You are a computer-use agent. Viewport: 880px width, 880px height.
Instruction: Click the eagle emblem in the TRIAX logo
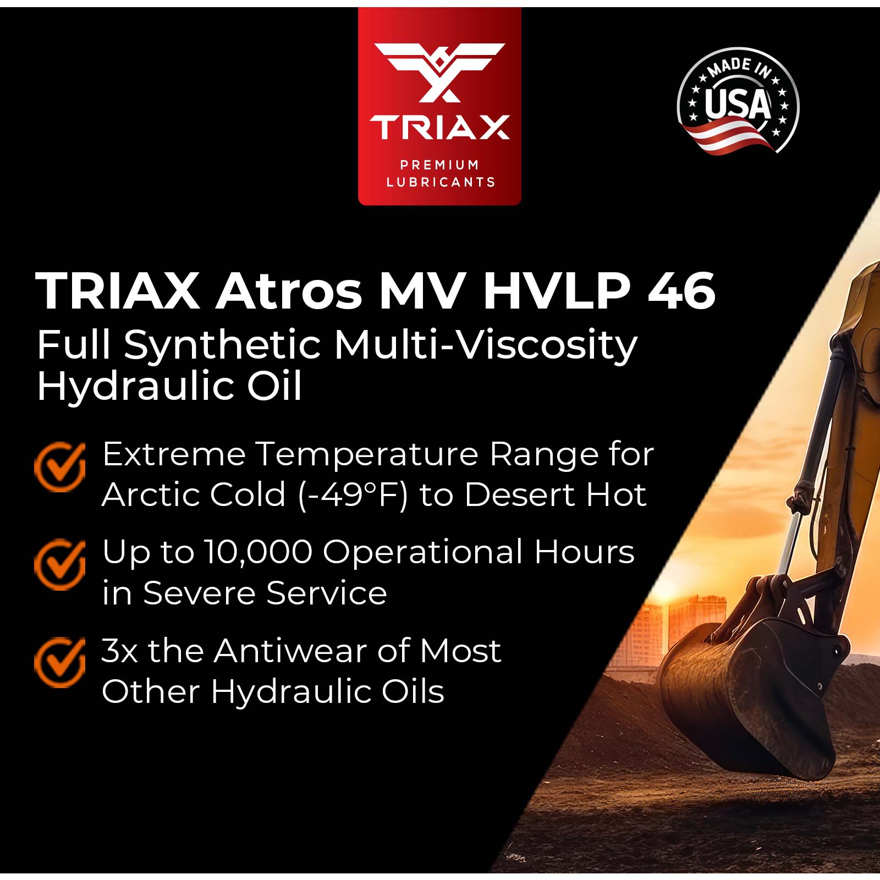pyautogui.click(x=439, y=72)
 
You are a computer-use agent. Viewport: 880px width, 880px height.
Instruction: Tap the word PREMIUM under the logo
pyautogui.click(x=439, y=164)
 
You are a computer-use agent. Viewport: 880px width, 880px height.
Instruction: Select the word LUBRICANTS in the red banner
pyautogui.click(x=441, y=182)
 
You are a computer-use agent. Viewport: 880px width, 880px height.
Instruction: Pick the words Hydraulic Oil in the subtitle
pyautogui.click(x=169, y=386)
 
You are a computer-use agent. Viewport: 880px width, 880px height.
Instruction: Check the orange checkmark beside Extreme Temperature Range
pyautogui.click(x=60, y=467)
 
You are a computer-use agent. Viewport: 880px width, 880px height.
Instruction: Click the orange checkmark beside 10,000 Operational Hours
pyautogui.click(x=60, y=565)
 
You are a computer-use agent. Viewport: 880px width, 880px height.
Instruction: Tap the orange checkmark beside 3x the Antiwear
pyautogui.click(x=60, y=663)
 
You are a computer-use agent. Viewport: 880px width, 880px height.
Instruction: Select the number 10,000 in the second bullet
pyautogui.click(x=258, y=552)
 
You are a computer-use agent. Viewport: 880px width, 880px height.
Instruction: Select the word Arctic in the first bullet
pyautogui.click(x=150, y=495)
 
